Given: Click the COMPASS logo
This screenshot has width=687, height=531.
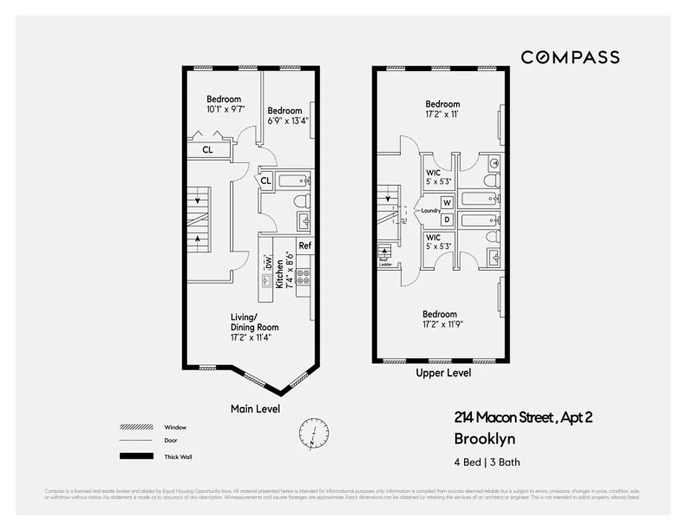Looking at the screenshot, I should click(x=570, y=57).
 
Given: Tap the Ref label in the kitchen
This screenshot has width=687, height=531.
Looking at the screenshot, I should click(x=305, y=246).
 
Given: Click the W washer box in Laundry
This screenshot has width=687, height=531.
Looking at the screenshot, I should click(x=447, y=202).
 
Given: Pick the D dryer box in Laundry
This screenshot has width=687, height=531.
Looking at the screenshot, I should click(x=447, y=219).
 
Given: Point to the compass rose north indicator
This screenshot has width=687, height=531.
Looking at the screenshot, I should click(x=314, y=432).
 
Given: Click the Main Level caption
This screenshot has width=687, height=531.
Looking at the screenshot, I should click(x=255, y=409).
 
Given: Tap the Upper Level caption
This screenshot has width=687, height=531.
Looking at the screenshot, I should click(x=443, y=373).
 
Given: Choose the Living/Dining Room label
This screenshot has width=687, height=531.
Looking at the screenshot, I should click(x=254, y=322).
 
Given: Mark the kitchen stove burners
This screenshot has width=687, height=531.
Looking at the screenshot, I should click(x=303, y=276).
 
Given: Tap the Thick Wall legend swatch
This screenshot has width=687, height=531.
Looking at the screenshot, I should click(x=136, y=457).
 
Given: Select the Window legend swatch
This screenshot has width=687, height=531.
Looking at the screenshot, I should click(x=136, y=427).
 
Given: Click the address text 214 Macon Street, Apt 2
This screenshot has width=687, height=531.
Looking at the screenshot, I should click(x=523, y=417).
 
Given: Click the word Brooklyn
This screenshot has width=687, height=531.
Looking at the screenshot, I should click(x=485, y=439).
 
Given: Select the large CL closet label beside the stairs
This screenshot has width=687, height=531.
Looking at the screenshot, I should click(x=208, y=150).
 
